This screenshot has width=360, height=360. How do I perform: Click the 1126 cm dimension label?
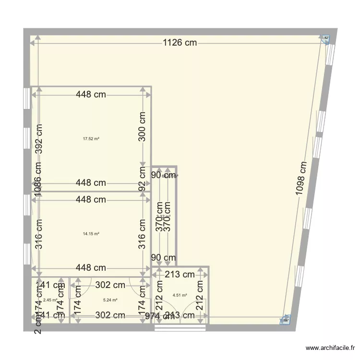(180, 43)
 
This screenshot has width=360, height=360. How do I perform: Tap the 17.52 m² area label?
(91, 139)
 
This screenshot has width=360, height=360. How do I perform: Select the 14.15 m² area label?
(91, 234)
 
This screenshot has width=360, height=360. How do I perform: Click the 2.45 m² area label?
(50, 300)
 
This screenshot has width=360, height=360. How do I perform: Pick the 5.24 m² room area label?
(110, 300)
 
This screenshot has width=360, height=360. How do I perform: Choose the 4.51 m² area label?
(180, 296)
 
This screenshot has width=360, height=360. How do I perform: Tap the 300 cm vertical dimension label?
(142, 127)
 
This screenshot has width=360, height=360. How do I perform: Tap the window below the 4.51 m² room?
(180, 328)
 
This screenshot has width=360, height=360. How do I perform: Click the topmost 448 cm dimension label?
(91, 95)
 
